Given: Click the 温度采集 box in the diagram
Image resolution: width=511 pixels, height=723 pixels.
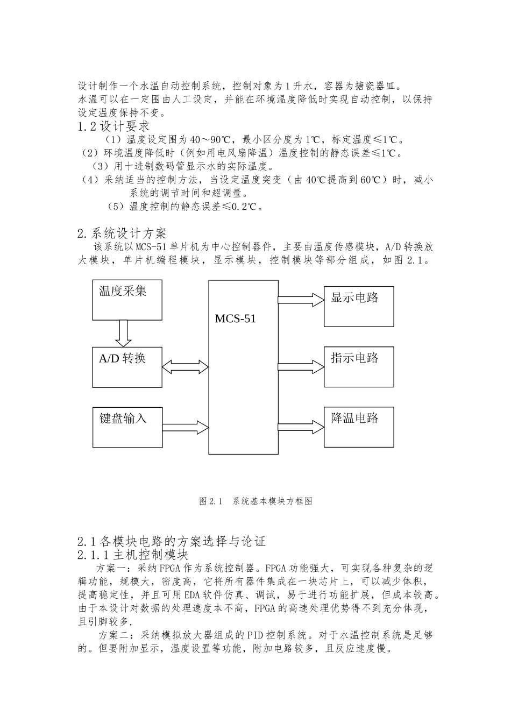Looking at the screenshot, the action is point(127,300).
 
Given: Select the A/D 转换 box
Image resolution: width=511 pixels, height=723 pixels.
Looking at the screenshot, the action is point(127,367).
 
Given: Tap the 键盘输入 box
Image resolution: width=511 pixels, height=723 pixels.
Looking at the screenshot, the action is point(127,427).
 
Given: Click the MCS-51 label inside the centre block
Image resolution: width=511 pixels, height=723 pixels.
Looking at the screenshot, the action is point(236,318).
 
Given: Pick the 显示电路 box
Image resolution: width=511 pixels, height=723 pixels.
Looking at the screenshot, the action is point(359,306).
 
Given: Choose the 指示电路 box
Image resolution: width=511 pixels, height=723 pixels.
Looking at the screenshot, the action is point(359,367).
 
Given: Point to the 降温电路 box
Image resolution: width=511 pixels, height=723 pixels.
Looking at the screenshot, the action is point(359,427).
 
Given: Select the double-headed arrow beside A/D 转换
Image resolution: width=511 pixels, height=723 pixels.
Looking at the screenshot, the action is point(185,367).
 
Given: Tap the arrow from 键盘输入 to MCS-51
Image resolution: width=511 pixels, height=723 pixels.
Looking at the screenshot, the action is point(185,428).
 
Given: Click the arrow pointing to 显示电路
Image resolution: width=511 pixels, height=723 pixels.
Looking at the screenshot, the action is point(301,300).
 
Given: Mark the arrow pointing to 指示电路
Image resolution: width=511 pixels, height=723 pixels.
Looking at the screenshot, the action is point(301,367).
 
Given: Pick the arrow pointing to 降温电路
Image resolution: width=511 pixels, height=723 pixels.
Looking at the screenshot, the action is point(301,428).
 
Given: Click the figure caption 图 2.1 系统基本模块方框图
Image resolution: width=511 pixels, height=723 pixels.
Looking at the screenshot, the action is point(256,501).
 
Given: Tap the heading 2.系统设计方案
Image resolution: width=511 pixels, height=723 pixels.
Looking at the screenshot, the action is point(122,233).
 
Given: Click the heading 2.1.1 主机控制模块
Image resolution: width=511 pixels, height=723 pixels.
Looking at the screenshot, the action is point(133,555).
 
